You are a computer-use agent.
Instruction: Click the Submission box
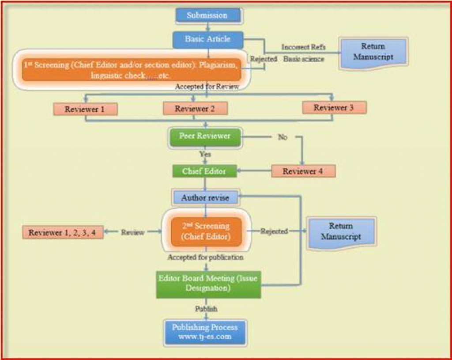click(207, 15)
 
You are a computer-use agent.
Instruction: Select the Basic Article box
click(207, 39)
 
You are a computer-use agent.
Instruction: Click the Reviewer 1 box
click(85, 109)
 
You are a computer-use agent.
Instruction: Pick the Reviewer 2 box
click(195, 109)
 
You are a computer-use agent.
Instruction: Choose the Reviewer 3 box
click(334, 107)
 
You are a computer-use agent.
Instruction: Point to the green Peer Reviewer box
click(205, 136)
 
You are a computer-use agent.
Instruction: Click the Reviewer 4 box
click(303, 171)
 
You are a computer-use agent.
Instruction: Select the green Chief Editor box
click(204, 171)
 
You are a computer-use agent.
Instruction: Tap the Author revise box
click(205, 198)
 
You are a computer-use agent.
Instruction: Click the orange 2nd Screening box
click(206, 231)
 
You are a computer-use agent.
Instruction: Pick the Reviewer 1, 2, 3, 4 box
click(63, 232)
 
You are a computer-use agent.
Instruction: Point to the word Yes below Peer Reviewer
click(205, 154)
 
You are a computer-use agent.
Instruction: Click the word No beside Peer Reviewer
click(282, 137)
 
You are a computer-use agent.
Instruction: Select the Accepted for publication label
click(205, 257)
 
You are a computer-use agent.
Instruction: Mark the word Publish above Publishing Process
click(206, 309)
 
